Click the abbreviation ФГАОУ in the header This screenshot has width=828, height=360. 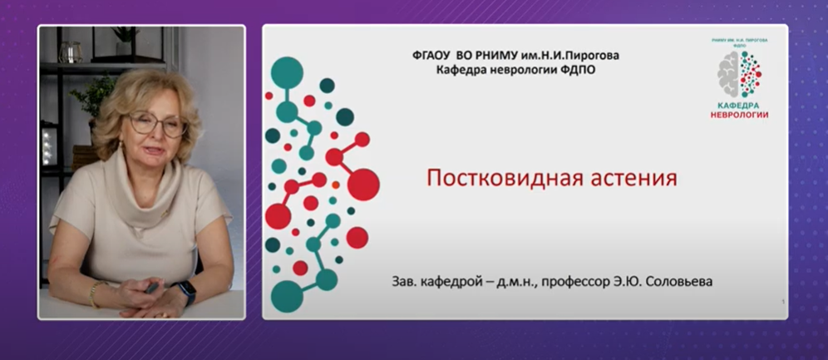[x=436, y=56]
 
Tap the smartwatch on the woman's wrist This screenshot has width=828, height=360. [x=186, y=293]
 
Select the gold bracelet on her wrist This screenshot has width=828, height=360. [x=95, y=293]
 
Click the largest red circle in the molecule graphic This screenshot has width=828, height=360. [x=363, y=184]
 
